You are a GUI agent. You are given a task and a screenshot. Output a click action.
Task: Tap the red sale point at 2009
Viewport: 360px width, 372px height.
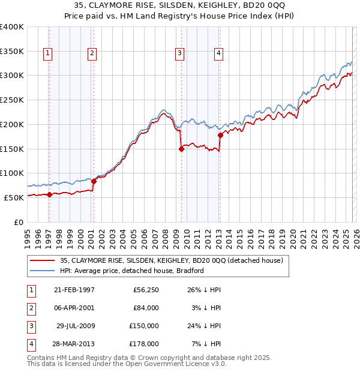(x=181, y=149)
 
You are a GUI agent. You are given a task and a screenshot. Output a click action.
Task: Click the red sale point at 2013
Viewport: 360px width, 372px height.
(x=220, y=136)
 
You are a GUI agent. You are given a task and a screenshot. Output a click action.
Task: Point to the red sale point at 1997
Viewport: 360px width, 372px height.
(x=49, y=194)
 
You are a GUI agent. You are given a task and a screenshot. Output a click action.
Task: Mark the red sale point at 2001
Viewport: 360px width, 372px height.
(x=94, y=181)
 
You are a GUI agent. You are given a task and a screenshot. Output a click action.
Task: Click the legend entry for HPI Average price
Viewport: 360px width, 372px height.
(x=132, y=271)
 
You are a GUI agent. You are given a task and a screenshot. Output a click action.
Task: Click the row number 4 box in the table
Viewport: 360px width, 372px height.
(x=30, y=344)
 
